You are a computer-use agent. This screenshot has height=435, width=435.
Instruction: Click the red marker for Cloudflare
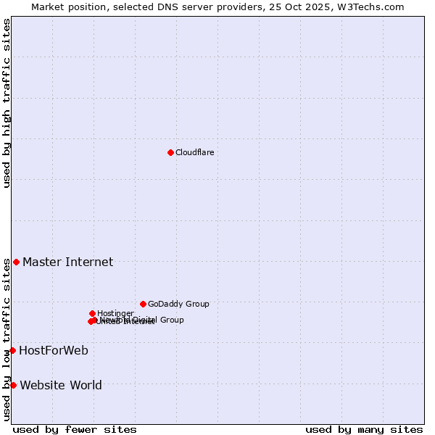[170, 152]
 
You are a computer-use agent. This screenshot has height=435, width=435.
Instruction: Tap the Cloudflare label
[194, 152]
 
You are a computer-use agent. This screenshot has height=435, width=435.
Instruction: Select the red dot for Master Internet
[16, 262]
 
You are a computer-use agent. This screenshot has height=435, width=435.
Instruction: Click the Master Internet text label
[67, 262]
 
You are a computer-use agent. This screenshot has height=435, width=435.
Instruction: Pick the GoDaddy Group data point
[143, 304]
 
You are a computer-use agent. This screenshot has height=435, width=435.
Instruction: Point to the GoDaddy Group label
[178, 304]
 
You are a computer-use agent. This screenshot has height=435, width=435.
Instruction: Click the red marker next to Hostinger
[92, 313]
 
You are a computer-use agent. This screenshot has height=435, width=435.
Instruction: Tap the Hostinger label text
[115, 313]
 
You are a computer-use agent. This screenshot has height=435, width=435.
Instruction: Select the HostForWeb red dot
[12, 350]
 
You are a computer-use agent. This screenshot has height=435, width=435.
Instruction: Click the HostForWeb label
[54, 350]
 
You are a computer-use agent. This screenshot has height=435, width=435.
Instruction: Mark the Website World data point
[13, 385]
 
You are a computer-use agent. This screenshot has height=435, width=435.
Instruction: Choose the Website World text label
[61, 385]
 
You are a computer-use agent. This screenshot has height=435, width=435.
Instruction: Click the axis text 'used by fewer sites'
[75, 429]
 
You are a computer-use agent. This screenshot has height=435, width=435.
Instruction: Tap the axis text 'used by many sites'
[364, 429]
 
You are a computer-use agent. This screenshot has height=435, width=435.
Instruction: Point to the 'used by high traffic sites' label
[7, 103]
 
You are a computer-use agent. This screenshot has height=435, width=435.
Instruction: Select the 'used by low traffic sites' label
[7, 340]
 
